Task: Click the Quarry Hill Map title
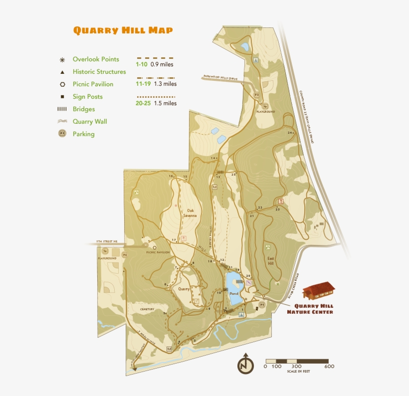[x=123, y=30]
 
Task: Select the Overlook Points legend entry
[x=96, y=59]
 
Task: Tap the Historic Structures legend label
[x=99, y=72]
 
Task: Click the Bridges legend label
[x=83, y=109]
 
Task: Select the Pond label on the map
[x=233, y=294]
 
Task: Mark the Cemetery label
[x=147, y=309]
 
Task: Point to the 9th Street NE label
[x=107, y=241]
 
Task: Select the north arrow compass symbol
[x=245, y=364]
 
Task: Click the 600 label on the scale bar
[x=329, y=367]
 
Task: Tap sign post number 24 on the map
[x=290, y=133]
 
